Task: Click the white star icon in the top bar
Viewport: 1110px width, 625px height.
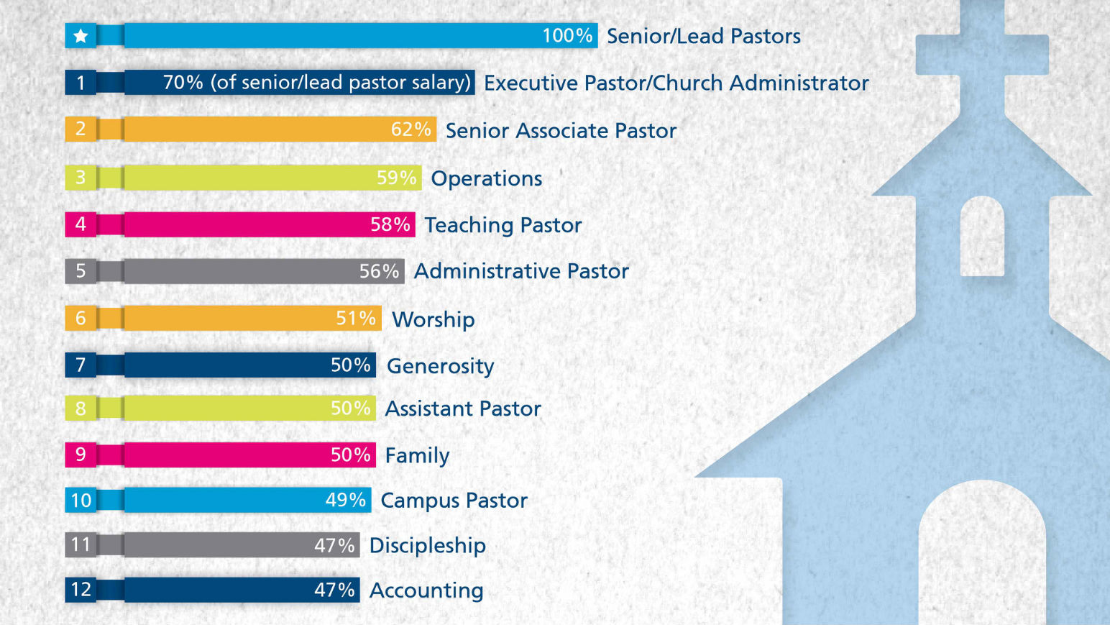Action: click(x=81, y=36)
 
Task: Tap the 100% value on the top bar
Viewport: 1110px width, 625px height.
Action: click(x=567, y=36)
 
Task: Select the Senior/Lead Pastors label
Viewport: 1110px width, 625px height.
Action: click(x=703, y=37)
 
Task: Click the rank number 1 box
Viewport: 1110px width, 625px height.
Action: click(x=81, y=83)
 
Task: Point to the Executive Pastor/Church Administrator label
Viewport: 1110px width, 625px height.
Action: click(x=676, y=83)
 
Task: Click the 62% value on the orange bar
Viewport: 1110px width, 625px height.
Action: click(x=410, y=129)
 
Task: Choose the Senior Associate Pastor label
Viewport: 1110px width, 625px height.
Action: click(x=561, y=131)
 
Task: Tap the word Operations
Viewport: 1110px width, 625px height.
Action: click(x=486, y=178)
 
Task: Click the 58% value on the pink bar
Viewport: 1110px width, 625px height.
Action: click(x=390, y=224)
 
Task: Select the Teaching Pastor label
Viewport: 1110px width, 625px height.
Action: click(x=503, y=225)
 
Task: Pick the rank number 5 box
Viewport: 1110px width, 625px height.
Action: click(x=81, y=271)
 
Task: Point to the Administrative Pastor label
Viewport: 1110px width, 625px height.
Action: click(x=521, y=271)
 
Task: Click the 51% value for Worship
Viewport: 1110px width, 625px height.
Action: click(x=356, y=318)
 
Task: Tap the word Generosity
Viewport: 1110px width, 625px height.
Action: click(x=440, y=366)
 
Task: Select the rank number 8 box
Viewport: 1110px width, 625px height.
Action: click(x=81, y=409)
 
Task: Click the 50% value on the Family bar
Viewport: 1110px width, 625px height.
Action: click(x=350, y=455)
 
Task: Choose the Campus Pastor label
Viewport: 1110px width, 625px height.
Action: click(x=454, y=501)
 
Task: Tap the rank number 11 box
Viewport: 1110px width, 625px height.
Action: click(x=81, y=544)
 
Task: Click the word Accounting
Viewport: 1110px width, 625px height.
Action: click(x=426, y=590)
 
